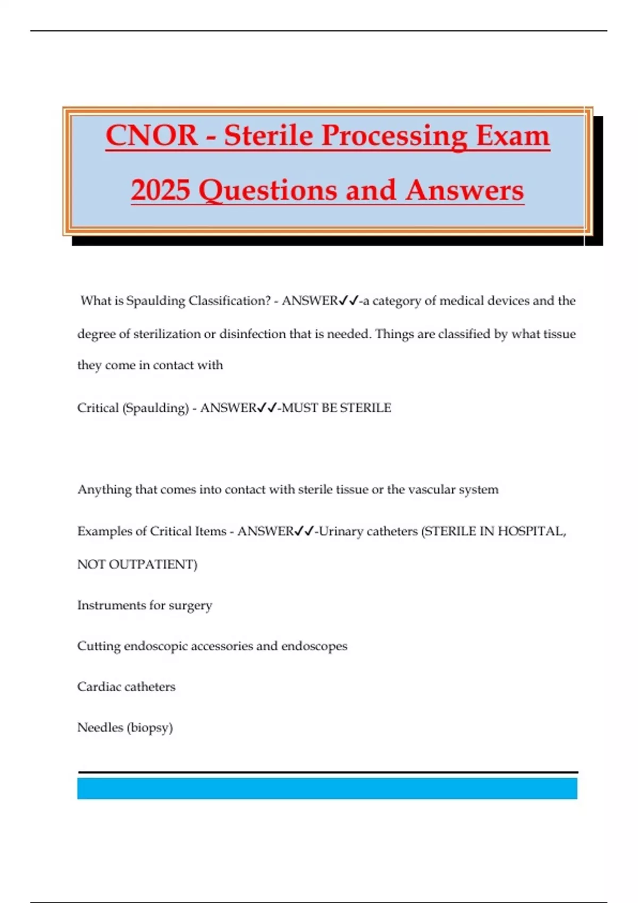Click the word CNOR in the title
[152, 135]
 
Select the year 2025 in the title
[161, 190]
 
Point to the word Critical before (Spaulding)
[98, 408]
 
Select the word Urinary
[340, 531]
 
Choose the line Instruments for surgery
[145, 606]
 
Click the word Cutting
[98, 646]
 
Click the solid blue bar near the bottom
[327, 788]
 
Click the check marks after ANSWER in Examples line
[304, 531]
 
